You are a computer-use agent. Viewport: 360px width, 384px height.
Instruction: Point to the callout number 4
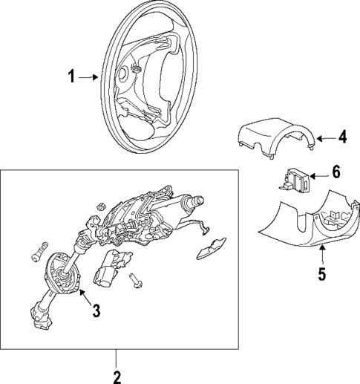coord(342,137)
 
